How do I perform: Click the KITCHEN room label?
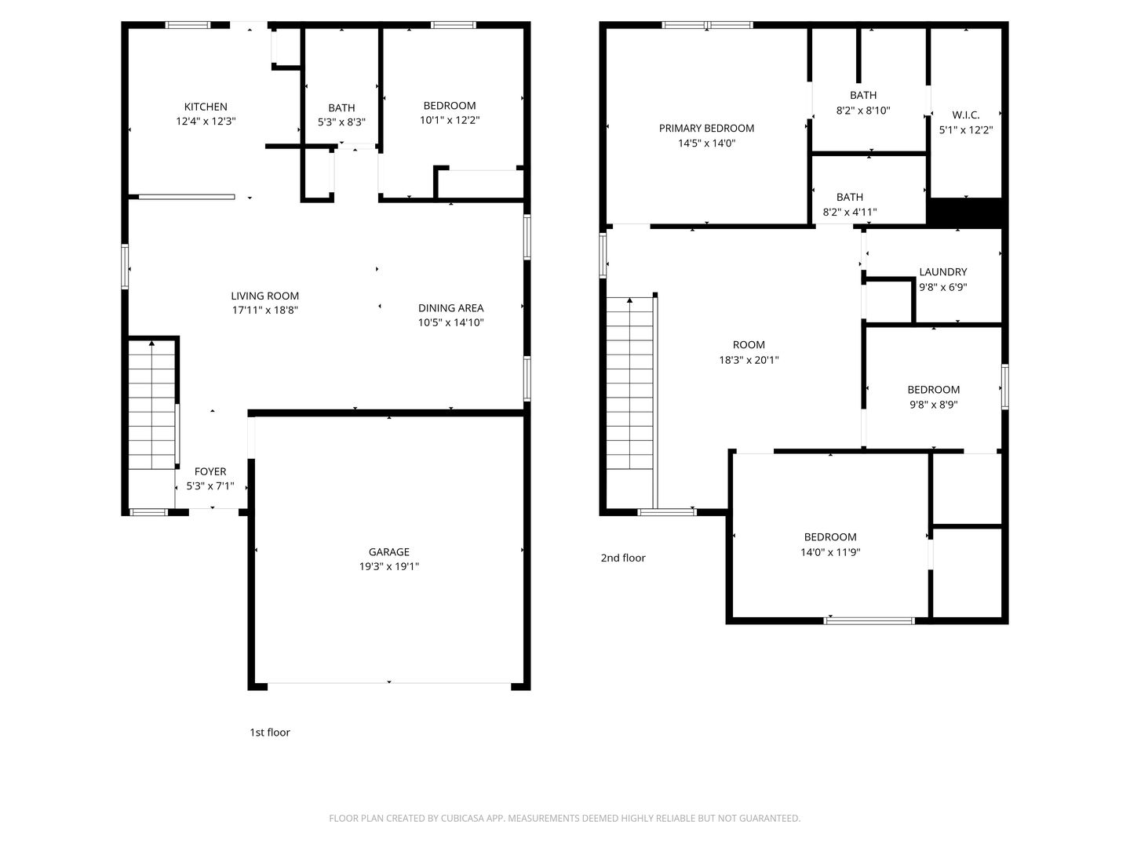[206, 107]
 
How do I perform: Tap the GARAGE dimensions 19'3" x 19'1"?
[388, 566]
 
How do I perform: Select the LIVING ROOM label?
[264, 296]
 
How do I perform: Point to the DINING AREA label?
[450, 308]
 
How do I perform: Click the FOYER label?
[210, 471]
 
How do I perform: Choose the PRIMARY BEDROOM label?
[706, 128]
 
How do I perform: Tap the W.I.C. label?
[965, 115]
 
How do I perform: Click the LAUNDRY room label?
[942, 272]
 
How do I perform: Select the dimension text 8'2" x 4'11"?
[849, 212]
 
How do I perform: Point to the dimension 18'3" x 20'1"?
[749, 360]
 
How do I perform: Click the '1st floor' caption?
[270, 732]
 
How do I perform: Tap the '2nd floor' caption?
[623, 558]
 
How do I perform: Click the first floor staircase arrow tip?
[151, 341]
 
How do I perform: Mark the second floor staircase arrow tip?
[629, 298]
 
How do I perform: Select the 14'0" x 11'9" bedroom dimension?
[830, 552]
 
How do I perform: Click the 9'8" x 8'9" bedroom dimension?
[933, 405]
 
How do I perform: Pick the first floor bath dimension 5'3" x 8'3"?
[341, 122]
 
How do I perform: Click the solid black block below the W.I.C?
[966, 213]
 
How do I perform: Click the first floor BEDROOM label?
[450, 106]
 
